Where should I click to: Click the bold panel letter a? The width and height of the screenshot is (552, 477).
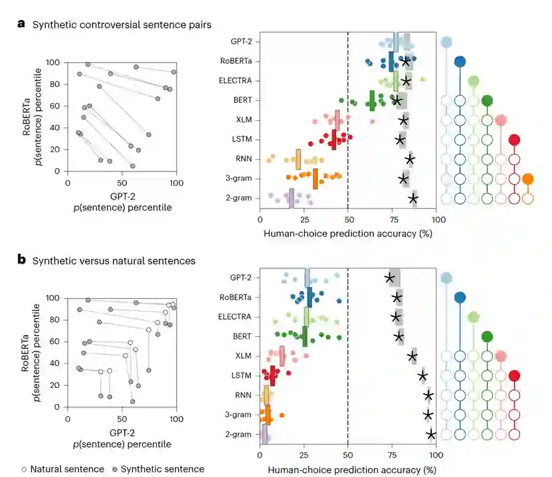coord(21,25)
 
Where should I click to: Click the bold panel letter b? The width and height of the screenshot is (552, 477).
coord(21,260)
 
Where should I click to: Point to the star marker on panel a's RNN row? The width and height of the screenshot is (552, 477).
coord(410,159)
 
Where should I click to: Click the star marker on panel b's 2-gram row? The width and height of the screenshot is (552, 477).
coord(431,434)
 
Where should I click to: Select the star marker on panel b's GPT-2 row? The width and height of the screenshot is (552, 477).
coord(389,278)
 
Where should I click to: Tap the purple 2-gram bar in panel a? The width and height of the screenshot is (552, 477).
coord(291,198)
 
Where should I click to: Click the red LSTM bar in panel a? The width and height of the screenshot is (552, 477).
coord(333,140)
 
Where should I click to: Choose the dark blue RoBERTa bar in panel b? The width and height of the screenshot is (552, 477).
coord(310,297)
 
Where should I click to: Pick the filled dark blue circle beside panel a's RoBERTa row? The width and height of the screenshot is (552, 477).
coord(459,62)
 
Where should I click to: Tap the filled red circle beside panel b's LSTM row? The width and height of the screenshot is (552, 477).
coord(513,376)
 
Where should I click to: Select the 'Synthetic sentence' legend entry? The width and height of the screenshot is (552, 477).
coord(157,469)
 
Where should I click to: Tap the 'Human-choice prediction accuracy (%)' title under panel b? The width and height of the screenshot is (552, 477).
coord(348,470)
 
